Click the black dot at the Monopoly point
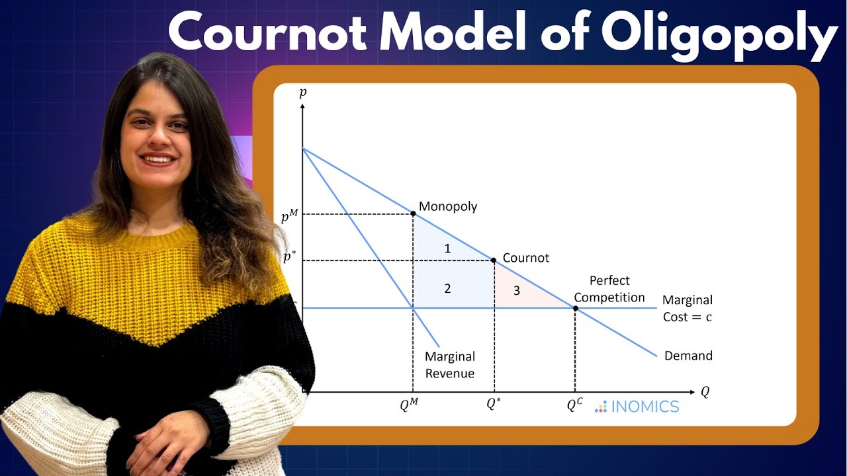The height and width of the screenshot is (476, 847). coord(414,214)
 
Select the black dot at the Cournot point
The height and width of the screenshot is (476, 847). coord(494,260)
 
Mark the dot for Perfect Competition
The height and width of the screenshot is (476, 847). coord(575,308)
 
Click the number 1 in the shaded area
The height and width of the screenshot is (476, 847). coord(448,249)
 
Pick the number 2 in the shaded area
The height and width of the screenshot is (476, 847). coord(448,288)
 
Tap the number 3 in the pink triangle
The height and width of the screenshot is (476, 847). coord(517,290)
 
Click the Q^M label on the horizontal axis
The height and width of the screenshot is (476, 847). coord(410,405)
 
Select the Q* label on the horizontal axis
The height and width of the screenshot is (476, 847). coord(494,404)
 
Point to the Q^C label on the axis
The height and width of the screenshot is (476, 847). coord(574,405)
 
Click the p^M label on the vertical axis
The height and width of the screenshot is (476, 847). coord(289,216)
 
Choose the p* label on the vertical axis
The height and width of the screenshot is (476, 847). coord(289,258)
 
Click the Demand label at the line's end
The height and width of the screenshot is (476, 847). coord(688,356)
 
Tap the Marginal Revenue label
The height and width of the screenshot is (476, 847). coord(450,365)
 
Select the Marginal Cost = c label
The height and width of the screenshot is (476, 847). coord(688,309)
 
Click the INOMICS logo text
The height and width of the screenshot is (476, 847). coord(645,407)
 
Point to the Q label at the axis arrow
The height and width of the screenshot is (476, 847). coord(705,392)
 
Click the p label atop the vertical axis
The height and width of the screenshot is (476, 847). coord(303,93)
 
